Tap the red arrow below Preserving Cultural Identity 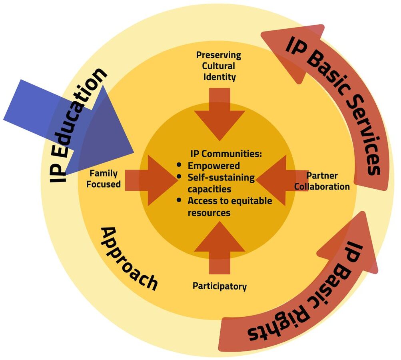coord(219,114)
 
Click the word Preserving coord(219,55)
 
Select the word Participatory coord(219,286)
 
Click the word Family coord(104,174)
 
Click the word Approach coord(128,259)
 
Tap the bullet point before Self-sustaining coord(180,177)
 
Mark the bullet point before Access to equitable coord(180,200)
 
